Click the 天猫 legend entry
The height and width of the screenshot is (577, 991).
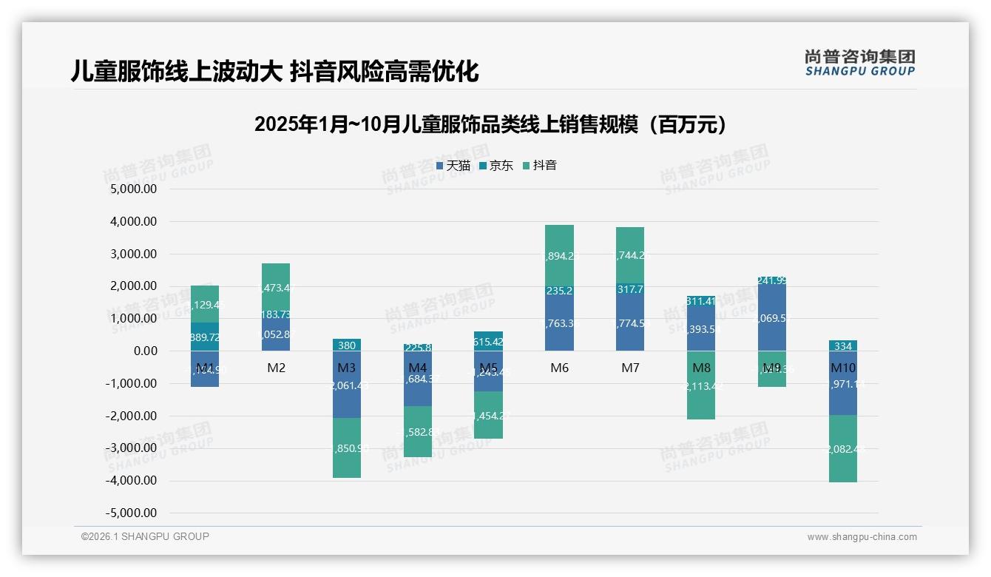(453, 166)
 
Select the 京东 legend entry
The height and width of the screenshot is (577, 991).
(496, 166)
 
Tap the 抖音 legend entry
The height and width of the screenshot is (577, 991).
(540, 166)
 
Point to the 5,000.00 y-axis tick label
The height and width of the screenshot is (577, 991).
(134, 189)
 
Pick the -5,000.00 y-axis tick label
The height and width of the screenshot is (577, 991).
(132, 513)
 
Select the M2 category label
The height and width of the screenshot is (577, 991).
(276, 368)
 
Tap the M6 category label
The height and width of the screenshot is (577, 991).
(559, 368)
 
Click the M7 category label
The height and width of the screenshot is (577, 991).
(630, 368)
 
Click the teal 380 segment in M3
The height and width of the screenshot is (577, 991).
(347, 345)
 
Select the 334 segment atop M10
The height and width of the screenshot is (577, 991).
(842, 345)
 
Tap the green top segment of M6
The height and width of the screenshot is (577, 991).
(559, 255)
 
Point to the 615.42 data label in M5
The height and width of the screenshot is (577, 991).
(488, 343)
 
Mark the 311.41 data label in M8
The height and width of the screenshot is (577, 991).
(700, 301)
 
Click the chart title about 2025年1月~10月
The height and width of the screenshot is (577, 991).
(490, 124)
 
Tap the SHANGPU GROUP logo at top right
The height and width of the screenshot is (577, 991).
(859, 63)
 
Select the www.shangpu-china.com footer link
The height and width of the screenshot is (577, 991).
(862, 537)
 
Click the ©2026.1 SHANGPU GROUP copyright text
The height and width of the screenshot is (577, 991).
(145, 536)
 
